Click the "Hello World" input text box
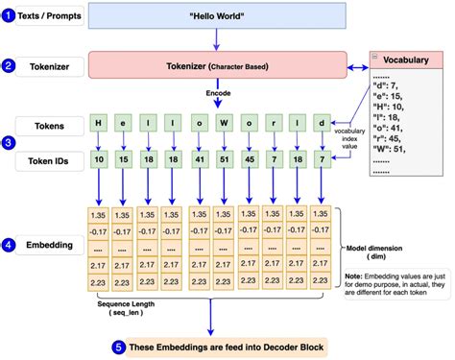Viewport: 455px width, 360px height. (x=218, y=18)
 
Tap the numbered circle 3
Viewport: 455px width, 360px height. (x=10, y=142)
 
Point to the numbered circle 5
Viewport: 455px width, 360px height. (x=118, y=346)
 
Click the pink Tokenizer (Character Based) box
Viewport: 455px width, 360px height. (x=218, y=66)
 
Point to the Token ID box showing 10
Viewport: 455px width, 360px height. (x=98, y=158)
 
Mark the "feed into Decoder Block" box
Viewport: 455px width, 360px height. (x=223, y=346)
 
